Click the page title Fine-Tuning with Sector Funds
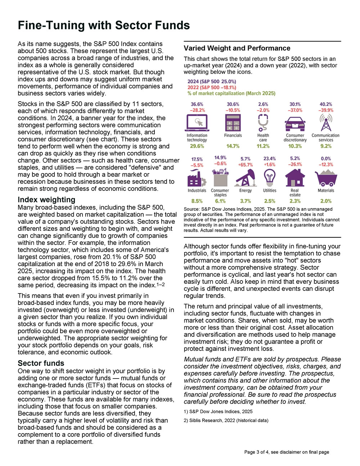tap(104, 25)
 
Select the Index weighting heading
tap(46, 200)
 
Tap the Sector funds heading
tap(41, 363)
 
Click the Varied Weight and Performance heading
tap(237, 48)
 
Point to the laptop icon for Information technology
tap(197, 123)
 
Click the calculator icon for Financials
tap(233, 123)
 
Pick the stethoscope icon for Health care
tap(263, 123)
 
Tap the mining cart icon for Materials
tap(326, 178)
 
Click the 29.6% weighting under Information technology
tap(197, 146)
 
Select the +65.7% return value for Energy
tap(245, 165)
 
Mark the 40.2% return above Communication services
tap(326, 104)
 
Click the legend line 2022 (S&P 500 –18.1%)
tap(212, 88)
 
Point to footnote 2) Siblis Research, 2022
tap(226, 420)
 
